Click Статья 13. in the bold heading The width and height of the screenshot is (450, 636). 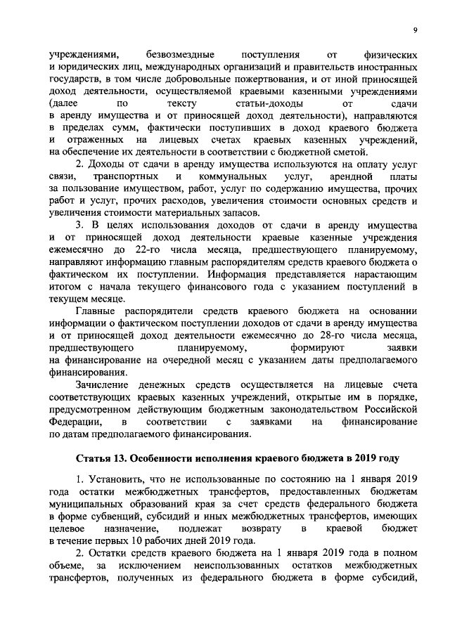pyautogui.click(x=103, y=459)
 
